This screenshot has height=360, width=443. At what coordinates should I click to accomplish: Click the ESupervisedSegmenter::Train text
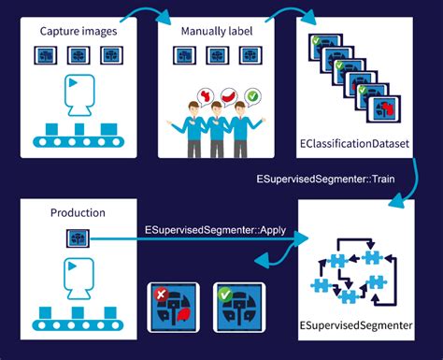326,177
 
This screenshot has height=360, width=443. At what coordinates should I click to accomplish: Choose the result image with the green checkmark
236,307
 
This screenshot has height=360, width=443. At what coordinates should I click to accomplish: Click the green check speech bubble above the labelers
252,95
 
